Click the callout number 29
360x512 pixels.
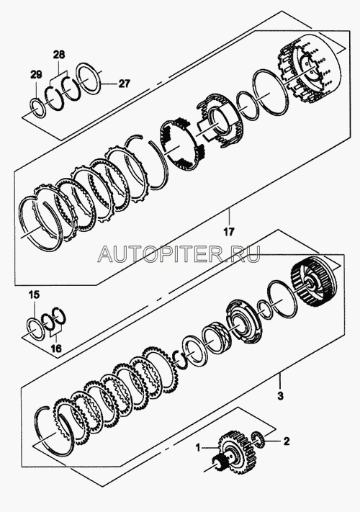[36, 75]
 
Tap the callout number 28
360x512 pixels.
[58, 54]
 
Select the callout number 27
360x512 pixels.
[124, 84]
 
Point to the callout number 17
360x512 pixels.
[229, 232]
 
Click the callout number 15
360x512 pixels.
[34, 295]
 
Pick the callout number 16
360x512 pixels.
[56, 349]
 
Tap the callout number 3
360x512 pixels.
[280, 396]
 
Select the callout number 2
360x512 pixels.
[286, 441]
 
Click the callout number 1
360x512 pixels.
[198, 447]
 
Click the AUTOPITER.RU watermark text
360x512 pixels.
[179, 253]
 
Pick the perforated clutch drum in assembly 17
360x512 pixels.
[306, 69]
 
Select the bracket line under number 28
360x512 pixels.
[58, 76]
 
